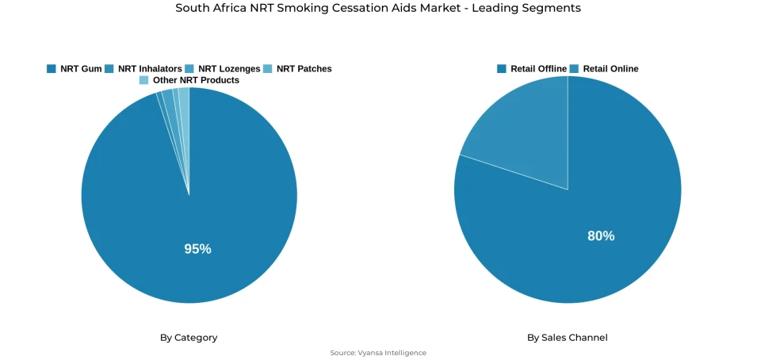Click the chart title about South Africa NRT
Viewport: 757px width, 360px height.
(378, 8)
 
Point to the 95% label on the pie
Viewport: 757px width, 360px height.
(197, 249)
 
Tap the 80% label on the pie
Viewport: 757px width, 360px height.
(601, 236)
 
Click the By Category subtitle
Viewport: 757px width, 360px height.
(189, 338)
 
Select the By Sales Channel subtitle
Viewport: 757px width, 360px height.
(568, 338)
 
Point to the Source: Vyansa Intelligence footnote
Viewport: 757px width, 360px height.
(378, 353)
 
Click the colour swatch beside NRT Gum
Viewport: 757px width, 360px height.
(52, 69)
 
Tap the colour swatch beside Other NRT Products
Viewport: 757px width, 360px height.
(143, 80)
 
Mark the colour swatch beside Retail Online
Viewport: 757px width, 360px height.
(574, 69)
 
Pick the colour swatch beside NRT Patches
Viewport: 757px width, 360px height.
(268, 69)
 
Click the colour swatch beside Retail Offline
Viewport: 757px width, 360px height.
(502, 69)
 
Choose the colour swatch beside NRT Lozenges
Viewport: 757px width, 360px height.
(189, 69)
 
